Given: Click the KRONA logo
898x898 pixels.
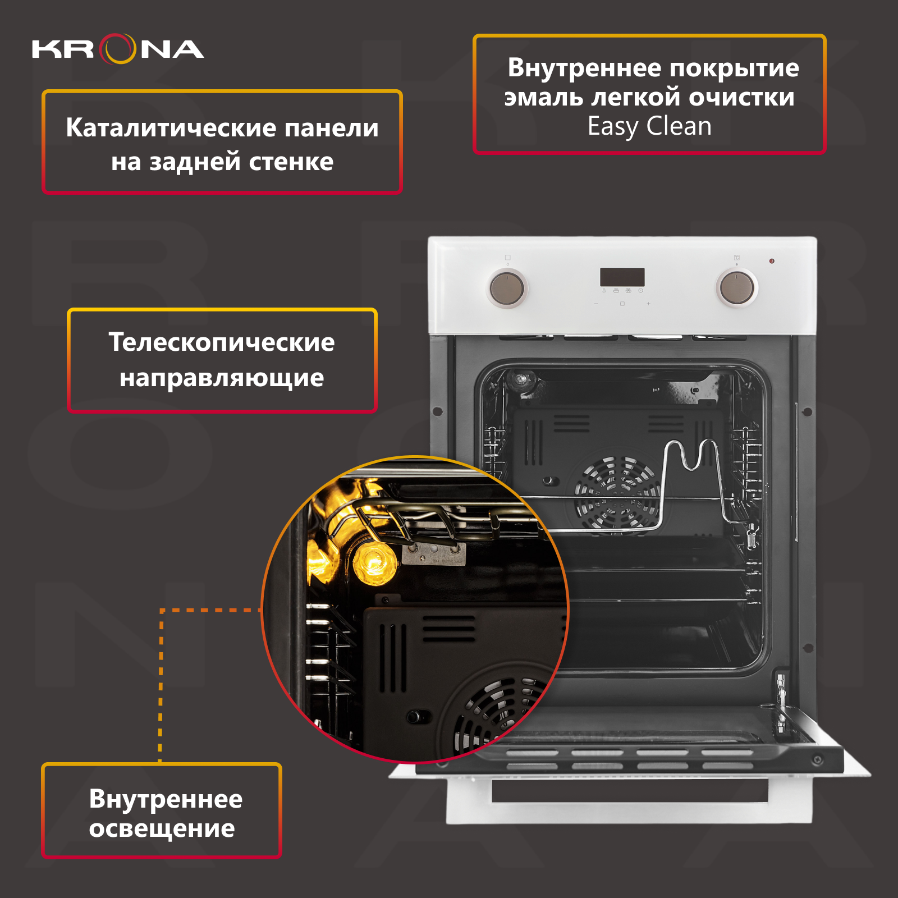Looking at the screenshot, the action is click(x=118, y=49).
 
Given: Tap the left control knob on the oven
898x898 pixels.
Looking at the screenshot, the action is click(x=507, y=288).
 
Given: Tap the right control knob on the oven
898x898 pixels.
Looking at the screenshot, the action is click(x=737, y=287).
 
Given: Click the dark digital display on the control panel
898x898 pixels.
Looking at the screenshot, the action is click(x=622, y=277).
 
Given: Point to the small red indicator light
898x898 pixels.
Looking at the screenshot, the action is click(x=772, y=261).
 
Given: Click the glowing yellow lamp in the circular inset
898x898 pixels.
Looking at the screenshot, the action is click(x=374, y=562).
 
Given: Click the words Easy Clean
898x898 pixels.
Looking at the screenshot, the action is click(x=649, y=126).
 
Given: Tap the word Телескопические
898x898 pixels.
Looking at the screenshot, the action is click(x=222, y=342).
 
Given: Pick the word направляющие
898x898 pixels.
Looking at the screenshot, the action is click(x=222, y=378).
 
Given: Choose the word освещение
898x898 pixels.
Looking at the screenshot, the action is click(x=162, y=828).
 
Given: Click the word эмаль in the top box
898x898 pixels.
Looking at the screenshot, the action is click(x=543, y=97).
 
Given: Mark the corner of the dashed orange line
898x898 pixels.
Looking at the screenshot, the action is click(x=162, y=610).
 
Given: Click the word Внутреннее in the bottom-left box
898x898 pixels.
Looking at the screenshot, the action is click(x=166, y=799).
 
